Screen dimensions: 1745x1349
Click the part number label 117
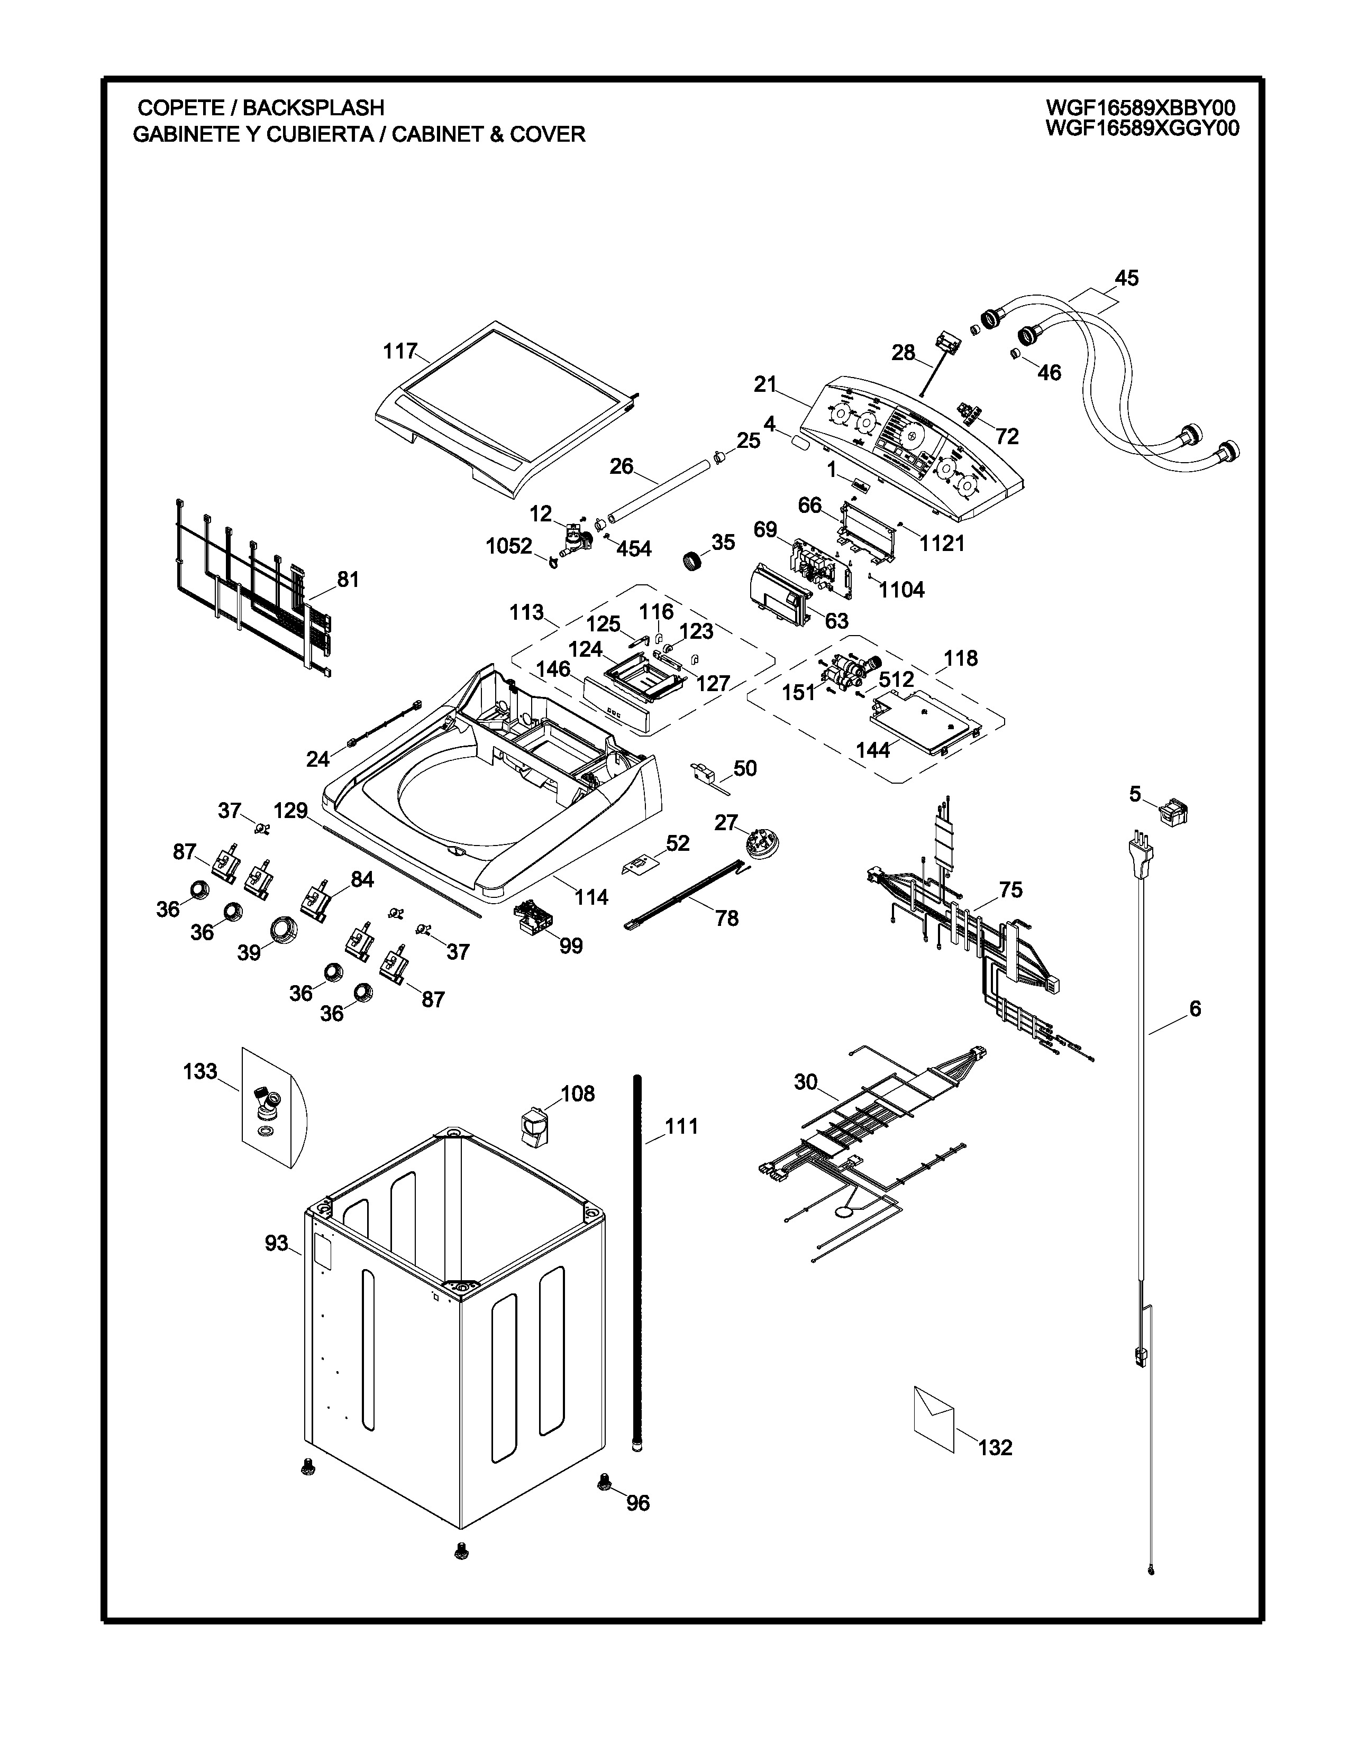pos(399,351)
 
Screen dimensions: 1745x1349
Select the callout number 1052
pos(509,546)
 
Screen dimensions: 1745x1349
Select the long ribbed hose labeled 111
pos(638,1262)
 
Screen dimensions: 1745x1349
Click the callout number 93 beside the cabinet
pos(277,1243)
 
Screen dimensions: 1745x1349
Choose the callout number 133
pos(200,1071)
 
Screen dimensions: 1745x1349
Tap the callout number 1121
pos(942,543)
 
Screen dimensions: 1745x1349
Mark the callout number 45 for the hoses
pos(1126,278)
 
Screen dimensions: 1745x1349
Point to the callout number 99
pos(571,946)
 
